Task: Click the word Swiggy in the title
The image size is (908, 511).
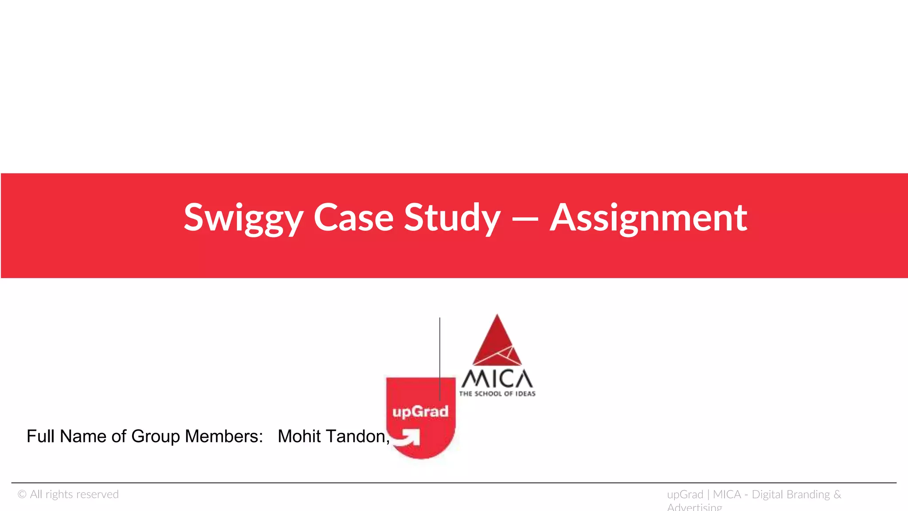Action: point(243,218)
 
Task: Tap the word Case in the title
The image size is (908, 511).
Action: point(353,218)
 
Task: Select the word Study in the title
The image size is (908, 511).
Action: point(452,218)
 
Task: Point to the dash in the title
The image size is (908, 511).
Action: point(525,219)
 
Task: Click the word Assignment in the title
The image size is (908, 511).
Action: point(648,218)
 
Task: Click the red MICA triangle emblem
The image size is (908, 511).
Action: point(497,342)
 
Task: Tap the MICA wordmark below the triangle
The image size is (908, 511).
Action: point(497,379)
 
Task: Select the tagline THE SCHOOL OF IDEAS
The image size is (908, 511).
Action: point(497,394)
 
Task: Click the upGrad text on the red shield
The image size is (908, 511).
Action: point(420,412)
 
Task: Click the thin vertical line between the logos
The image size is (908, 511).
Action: point(440,355)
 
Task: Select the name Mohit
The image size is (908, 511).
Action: point(299,436)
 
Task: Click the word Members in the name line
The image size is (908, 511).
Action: point(223,436)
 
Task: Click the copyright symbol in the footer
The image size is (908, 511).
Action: point(22,495)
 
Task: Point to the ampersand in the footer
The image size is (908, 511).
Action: point(837,495)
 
